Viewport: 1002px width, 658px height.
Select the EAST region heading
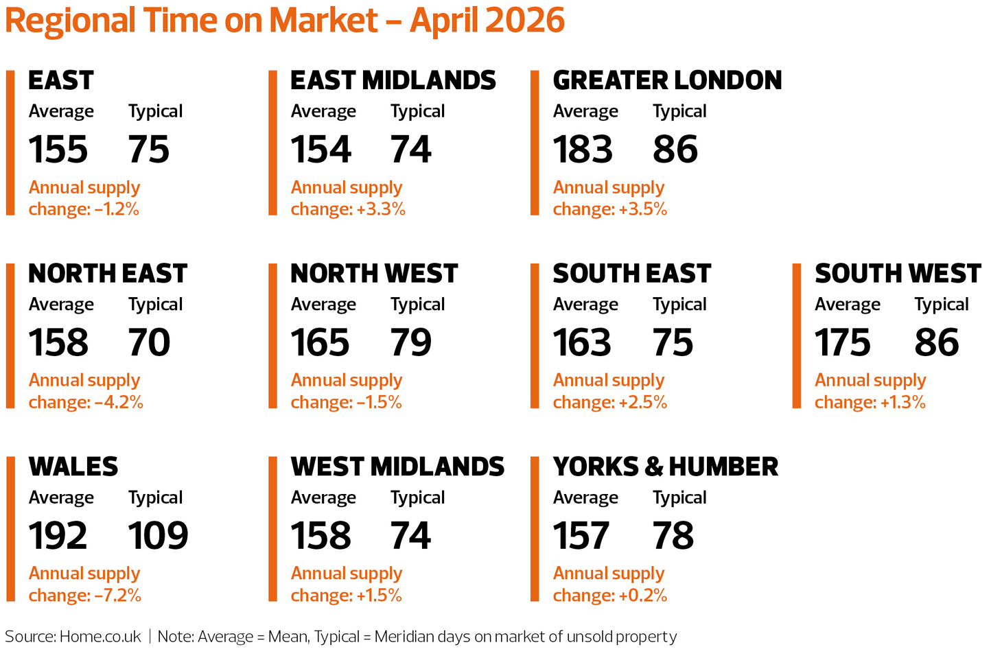click(61, 80)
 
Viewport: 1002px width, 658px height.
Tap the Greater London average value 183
click(583, 149)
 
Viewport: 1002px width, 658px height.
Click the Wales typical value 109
click(158, 535)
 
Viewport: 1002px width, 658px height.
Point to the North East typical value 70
click(149, 342)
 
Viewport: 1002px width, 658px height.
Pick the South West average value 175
click(842, 342)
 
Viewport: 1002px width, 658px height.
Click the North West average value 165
click(320, 342)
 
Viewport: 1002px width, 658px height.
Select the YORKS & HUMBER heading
click(665, 467)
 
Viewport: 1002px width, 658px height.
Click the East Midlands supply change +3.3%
click(380, 209)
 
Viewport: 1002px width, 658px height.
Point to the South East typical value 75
click(673, 342)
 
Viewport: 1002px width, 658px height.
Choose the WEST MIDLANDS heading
click(397, 467)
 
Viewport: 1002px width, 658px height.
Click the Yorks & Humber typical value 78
click(673, 535)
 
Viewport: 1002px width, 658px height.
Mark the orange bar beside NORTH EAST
click(10, 336)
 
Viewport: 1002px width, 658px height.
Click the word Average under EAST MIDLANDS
click(323, 111)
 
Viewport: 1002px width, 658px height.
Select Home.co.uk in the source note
click(100, 637)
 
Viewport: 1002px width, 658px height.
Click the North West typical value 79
click(410, 342)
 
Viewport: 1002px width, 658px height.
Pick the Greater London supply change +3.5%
click(642, 209)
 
